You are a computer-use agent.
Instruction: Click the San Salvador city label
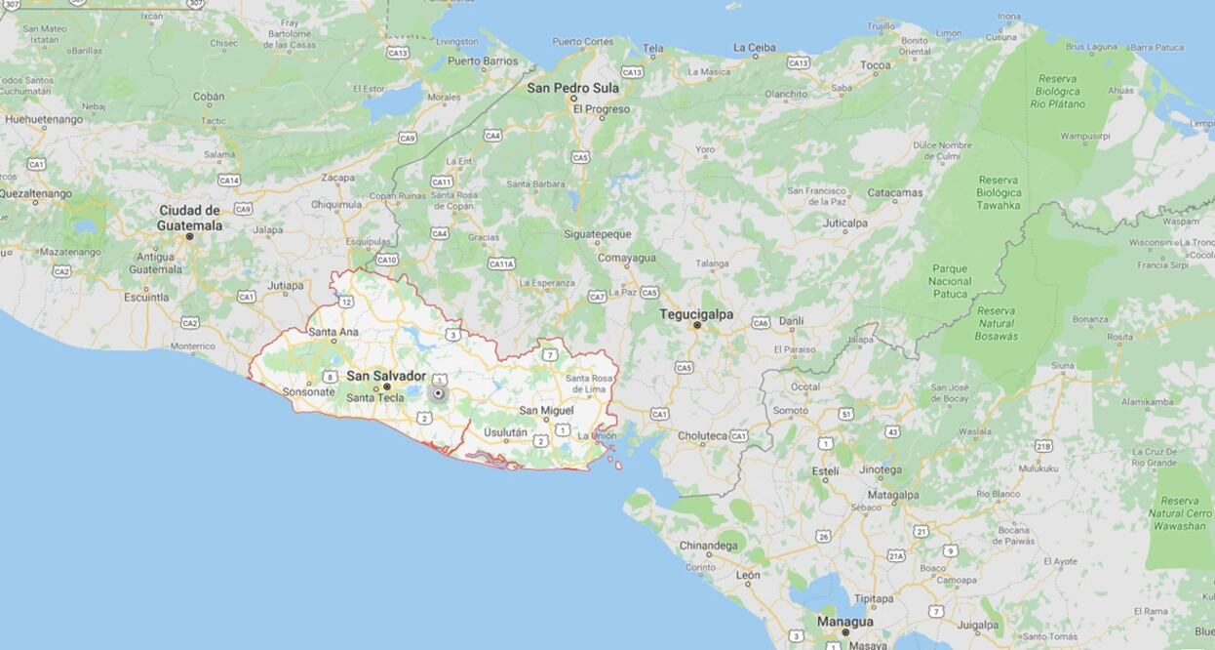(x=386, y=376)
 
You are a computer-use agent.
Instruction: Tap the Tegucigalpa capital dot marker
(x=696, y=325)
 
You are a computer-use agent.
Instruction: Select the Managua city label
(x=844, y=621)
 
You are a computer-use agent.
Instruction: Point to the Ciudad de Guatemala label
(x=189, y=218)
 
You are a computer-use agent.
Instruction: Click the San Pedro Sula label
(x=572, y=87)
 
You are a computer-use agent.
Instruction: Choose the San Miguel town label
(x=546, y=411)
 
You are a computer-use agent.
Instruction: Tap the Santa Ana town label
(x=333, y=332)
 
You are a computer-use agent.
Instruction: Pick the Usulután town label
(x=505, y=432)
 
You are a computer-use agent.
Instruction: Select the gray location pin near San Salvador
(x=439, y=393)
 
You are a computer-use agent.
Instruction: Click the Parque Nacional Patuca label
(x=950, y=281)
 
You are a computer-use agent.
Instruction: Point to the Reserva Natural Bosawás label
(x=997, y=323)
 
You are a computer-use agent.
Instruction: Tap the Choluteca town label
(x=703, y=436)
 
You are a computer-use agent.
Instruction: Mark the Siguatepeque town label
(x=597, y=234)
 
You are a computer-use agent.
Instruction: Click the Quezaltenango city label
(x=35, y=193)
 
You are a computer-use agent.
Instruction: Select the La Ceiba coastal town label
(x=754, y=47)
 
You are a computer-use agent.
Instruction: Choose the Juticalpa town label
(x=844, y=223)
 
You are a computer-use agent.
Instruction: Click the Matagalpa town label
(x=892, y=495)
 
